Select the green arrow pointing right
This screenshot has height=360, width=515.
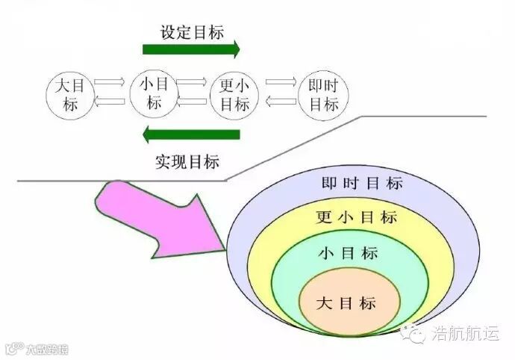tap(191, 50)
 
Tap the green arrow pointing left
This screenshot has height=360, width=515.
tap(191, 135)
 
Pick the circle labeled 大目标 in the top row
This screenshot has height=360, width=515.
tap(71, 95)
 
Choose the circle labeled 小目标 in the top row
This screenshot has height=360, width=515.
tap(154, 93)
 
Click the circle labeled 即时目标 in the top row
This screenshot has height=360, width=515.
tap(324, 95)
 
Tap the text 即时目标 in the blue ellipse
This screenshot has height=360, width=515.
tap(362, 184)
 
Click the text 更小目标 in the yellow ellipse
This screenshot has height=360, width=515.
tap(356, 218)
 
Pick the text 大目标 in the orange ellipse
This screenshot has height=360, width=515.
tap(346, 304)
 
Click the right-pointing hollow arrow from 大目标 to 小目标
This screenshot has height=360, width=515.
tap(111, 84)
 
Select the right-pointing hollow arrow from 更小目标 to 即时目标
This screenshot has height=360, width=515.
tap(282, 84)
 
